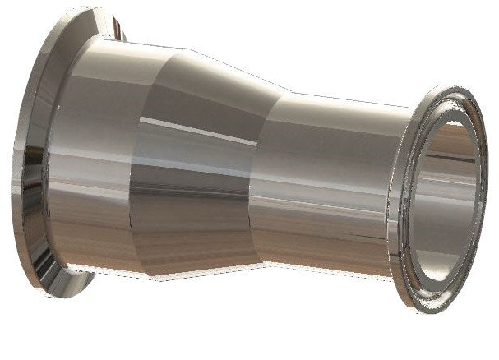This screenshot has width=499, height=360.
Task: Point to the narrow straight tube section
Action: point(329,181)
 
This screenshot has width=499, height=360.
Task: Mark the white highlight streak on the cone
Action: point(189,123)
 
